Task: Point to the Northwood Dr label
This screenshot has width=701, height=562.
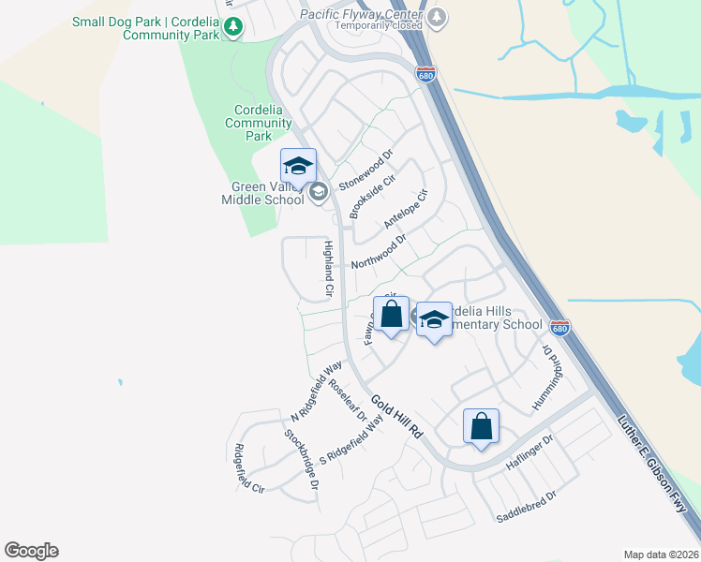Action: (x=379, y=251)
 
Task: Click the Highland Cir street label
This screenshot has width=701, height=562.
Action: (x=329, y=269)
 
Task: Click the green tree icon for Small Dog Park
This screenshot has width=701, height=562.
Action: (x=233, y=28)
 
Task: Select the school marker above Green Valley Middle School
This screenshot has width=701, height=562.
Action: (x=298, y=166)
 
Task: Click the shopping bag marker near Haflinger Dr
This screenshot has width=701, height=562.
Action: (x=481, y=426)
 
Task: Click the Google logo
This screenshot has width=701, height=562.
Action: (x=31, y=551)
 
